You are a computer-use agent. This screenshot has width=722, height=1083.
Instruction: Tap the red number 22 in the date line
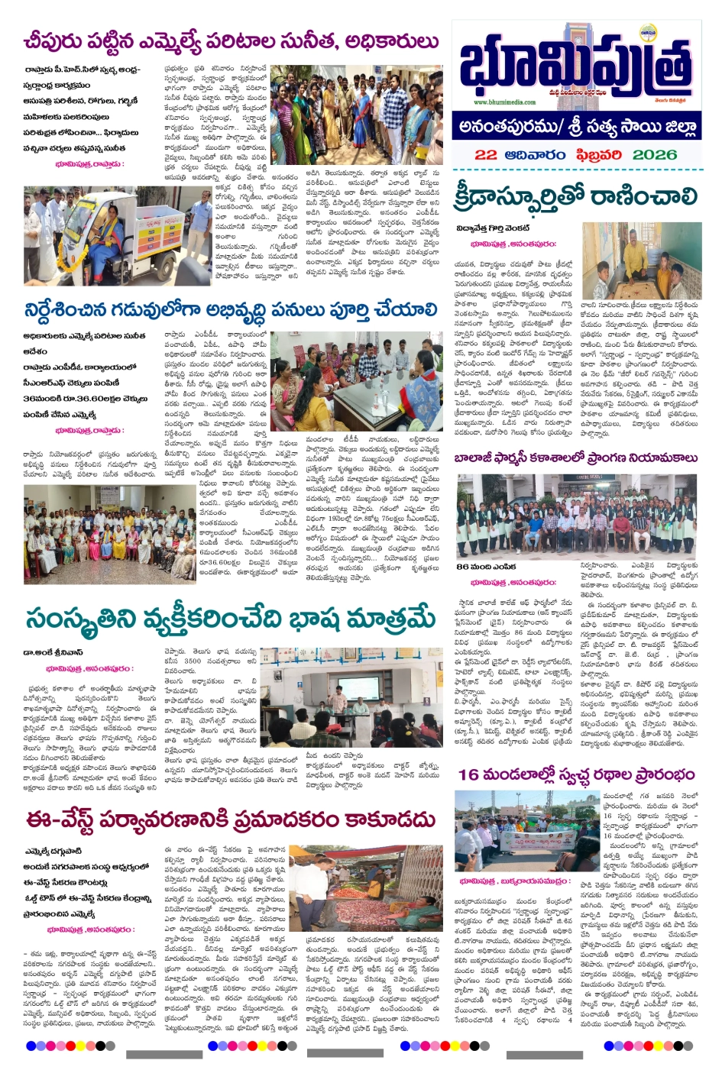click(x=486, y=154)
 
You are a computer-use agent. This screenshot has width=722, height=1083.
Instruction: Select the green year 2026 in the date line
click(x=654, y=154)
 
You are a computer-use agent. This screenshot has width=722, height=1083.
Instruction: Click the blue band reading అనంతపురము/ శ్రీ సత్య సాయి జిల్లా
click(x=577, y=126)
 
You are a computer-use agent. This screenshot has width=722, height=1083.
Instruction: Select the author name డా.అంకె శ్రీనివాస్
click(x=53, y=652)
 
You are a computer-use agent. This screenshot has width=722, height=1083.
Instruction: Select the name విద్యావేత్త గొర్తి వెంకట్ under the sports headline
click(x=493, y=227)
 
